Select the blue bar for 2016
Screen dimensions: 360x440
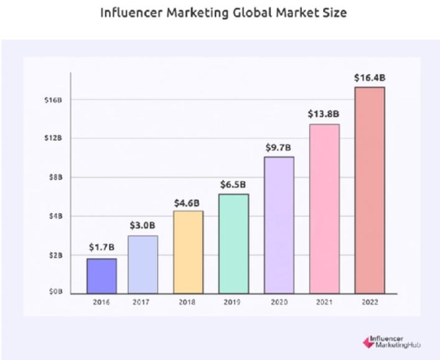tap(101, 275)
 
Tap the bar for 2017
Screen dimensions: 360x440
tap(143, 264)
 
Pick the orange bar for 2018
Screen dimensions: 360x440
tap(188, 252)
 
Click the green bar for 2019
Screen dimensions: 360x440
tap(233, 244)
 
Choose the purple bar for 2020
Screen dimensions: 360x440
tap(279, 225)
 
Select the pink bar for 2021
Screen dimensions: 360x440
tap(324, 209)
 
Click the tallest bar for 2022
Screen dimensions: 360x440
tap(370, 190)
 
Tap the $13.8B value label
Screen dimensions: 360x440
tap(324, 114)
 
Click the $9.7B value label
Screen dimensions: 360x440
tap(278, 148)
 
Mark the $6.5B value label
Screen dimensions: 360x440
tap(233, 184)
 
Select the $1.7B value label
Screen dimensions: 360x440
tap(101, 248)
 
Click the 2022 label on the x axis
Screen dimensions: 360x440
tap(370, 303)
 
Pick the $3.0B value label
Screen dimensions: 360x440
tap(143, 225)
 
